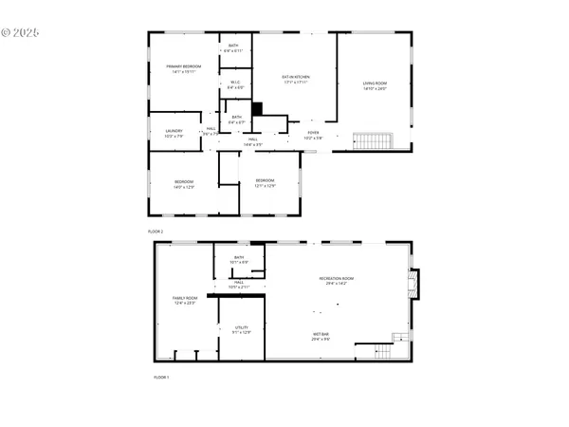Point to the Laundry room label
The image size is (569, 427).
174,133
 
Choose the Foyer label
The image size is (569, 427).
313,135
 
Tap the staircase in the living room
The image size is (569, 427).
373,141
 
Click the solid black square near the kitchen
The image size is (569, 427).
256,109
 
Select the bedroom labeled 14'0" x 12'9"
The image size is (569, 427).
183,184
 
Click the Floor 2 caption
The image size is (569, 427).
156,232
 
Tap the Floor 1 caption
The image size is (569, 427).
161,377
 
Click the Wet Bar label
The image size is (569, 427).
321,336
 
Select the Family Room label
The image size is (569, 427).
184,301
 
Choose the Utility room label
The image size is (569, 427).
241,329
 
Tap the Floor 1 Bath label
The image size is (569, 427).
238,259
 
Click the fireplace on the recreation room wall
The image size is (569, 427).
413,283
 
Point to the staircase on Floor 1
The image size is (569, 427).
384,352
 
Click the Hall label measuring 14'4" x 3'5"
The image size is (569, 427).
253,142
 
